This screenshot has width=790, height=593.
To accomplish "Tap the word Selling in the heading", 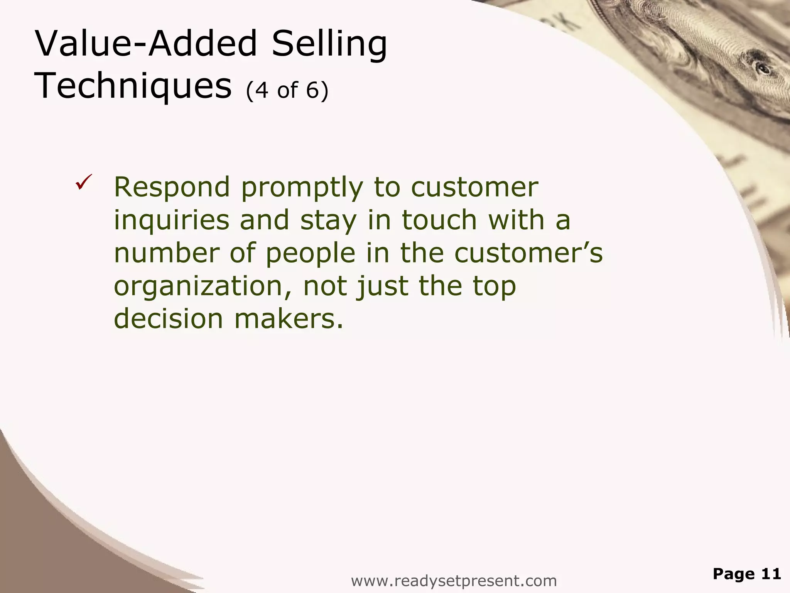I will click(329, 45).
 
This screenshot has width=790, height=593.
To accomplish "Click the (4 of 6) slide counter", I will click(287, 90).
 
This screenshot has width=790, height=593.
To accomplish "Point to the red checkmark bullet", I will click(84, 182).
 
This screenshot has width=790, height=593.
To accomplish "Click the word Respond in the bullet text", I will click(172, 187).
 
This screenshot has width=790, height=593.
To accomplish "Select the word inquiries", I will click(171, 221).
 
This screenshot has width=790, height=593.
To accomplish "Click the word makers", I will click(289, 319).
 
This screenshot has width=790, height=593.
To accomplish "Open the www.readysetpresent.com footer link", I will click(454, 580).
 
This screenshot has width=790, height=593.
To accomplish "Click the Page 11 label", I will click(747, 574).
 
